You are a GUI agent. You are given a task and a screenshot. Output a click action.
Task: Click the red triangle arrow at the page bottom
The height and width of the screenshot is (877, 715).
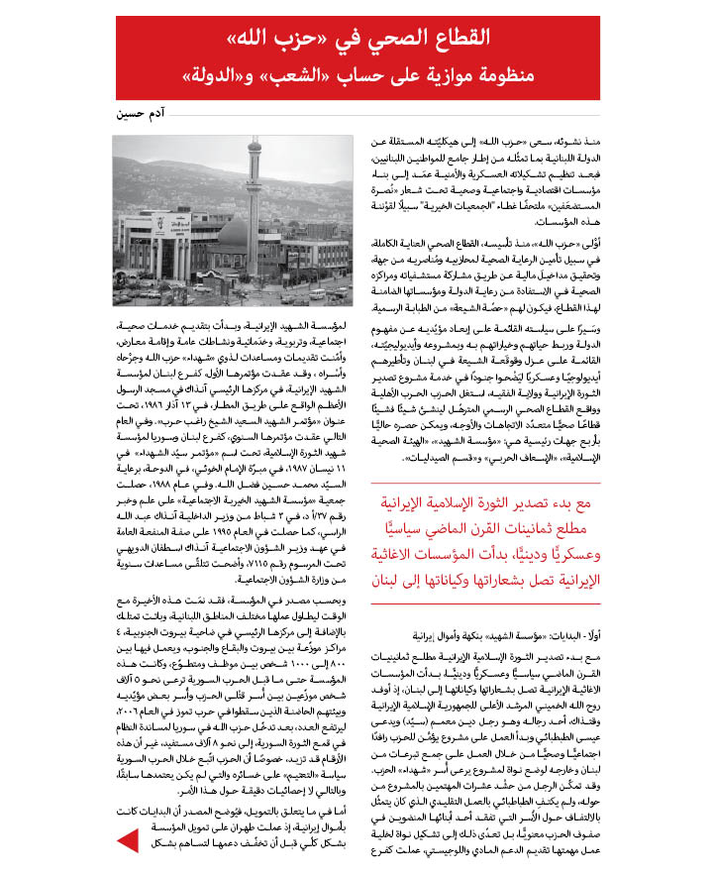128,841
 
